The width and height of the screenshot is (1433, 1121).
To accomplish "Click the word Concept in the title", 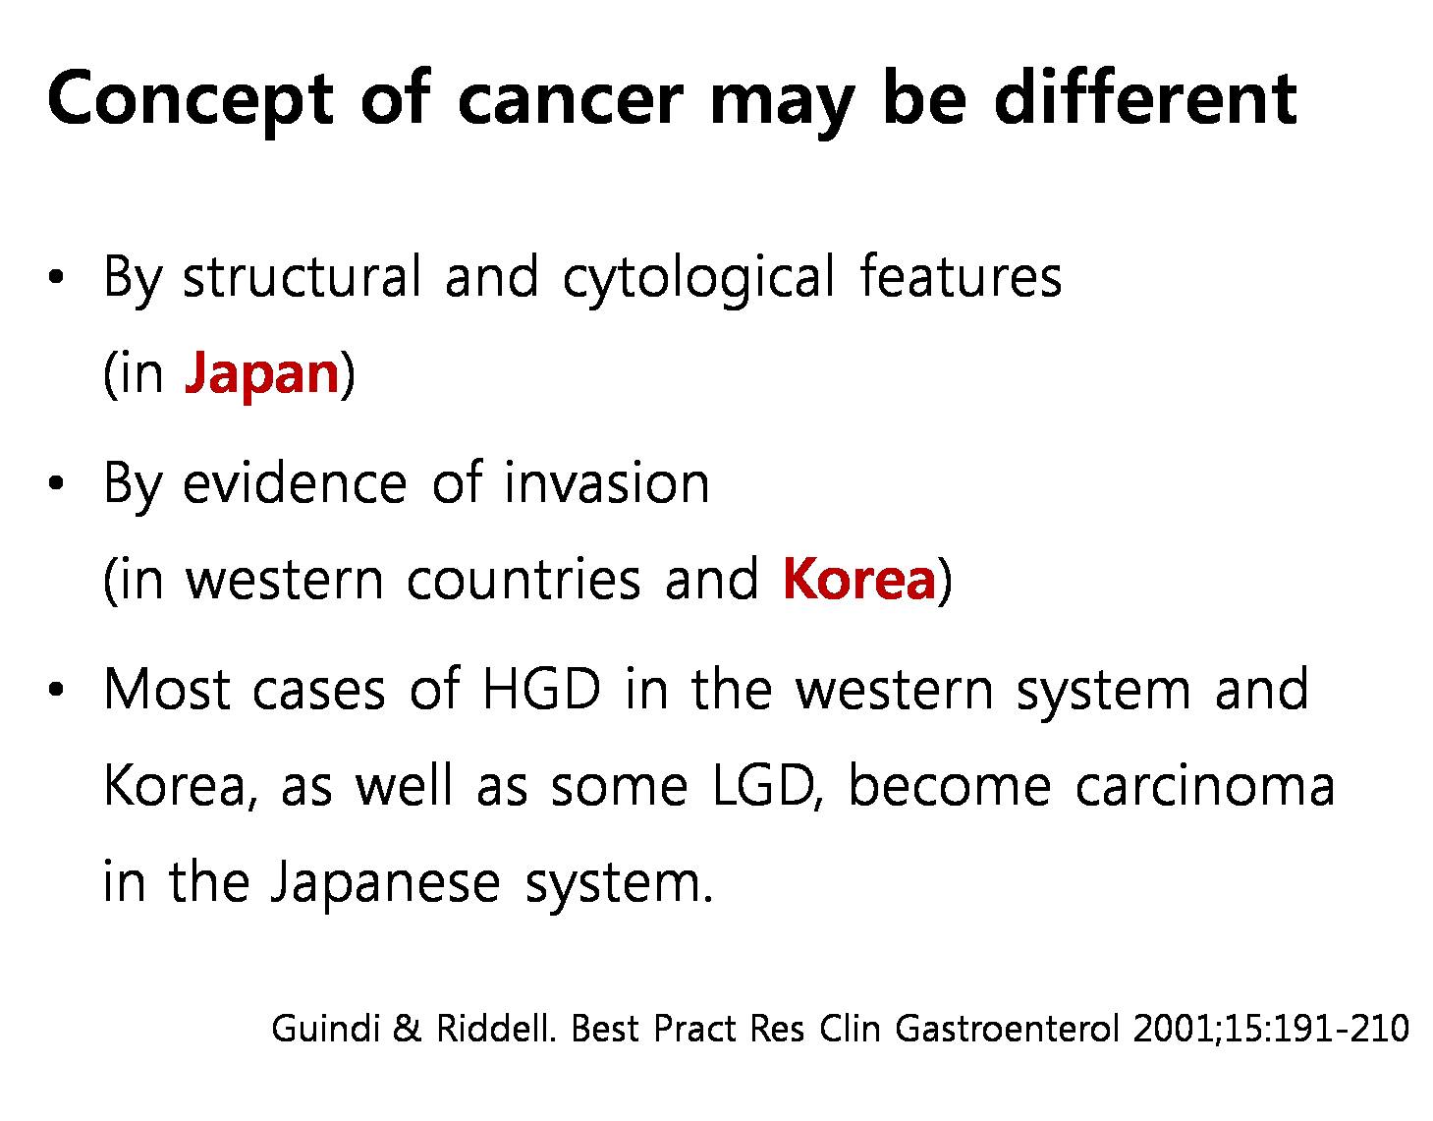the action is pyautogui.click(x=191, y=99).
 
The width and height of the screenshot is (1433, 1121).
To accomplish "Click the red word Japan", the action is pyautogui.click(x=262, y=374).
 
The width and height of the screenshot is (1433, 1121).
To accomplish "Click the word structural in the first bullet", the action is pyautogui.click(x=302, y=276).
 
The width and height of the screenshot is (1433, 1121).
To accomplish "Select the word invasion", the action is pyautogui.click(x=607, y=483).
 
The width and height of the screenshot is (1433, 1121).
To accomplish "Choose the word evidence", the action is pyautogui.click(x=295, y=482).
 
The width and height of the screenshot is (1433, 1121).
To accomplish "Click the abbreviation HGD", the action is pyautogui.click(x=542, y=690).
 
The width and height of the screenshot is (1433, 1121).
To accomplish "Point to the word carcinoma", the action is pyautogui.click(x=1204, y=786).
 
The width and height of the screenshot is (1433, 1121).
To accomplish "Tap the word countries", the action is pyautogui.click(x=524, y=580).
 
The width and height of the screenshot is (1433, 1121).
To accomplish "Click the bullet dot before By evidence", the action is pyautogui.click(x=56, y=484).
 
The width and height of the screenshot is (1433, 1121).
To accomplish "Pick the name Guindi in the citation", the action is pyautogui.click(x=326, y=1029).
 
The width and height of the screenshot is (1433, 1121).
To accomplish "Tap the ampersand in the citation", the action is pyautogui.click(x=407, y=1029).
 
